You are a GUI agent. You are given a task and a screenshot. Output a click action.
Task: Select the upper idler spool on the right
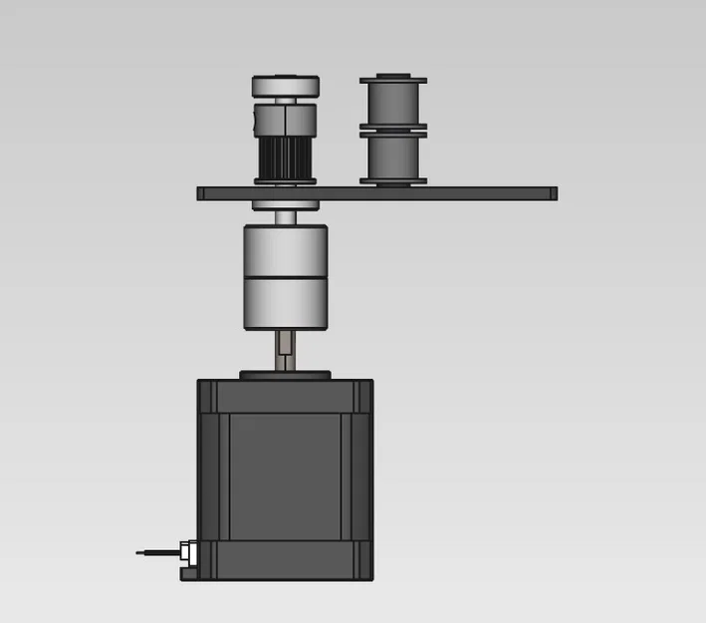392,102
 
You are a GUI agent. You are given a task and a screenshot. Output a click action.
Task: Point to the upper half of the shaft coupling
285,250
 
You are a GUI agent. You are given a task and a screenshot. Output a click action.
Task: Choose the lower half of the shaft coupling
285,303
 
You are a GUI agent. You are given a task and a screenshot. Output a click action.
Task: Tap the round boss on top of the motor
285,375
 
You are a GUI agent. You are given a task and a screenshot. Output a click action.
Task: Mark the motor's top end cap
285,395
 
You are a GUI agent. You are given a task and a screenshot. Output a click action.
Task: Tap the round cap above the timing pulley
285,87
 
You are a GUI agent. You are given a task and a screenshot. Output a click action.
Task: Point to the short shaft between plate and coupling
285,218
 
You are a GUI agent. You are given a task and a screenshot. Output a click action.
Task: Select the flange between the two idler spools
392,130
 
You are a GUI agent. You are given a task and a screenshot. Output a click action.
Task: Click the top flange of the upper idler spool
392,78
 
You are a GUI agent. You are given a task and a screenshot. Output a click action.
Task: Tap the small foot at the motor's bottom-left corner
190,572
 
